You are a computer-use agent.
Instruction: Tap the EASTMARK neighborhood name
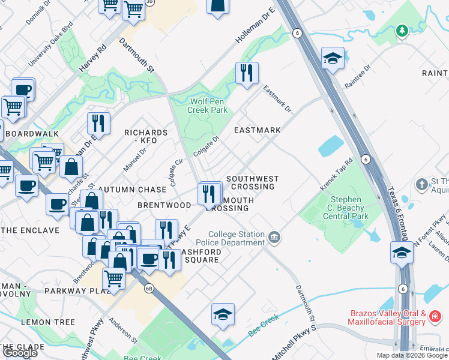coord(258,130)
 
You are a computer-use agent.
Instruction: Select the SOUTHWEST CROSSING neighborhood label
coord(252,182)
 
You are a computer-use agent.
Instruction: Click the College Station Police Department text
coord(236,238)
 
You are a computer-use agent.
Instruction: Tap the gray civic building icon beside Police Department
coord(275,238)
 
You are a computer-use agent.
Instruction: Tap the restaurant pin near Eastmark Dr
coord(247,74)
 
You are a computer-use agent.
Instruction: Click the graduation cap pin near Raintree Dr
coord(333,59)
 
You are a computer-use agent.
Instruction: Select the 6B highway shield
coord(149,289)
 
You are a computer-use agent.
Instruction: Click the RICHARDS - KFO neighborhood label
coord(146,136)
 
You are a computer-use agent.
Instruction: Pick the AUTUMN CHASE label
coord(132,190)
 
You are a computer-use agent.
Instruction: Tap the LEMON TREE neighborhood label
coord(40,322)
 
